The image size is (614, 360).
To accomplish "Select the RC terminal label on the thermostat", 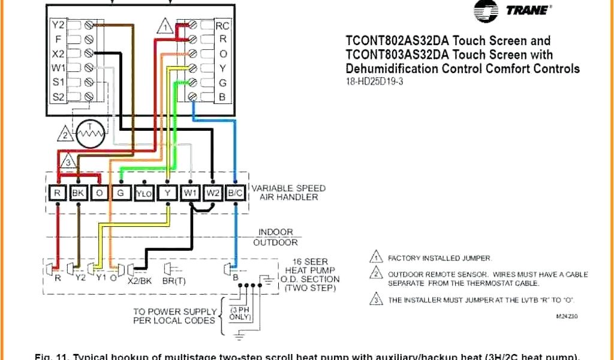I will click(222, 26).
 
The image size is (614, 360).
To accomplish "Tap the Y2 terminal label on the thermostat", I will click(58, 25).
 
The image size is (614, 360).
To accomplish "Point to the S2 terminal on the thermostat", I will click(58, 96).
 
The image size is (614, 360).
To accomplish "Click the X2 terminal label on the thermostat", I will click(58, 53).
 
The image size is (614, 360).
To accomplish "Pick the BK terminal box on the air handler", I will click(79, 193).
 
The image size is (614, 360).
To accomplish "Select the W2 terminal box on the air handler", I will click(213, 193).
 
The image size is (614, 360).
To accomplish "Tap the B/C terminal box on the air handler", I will click(236, 193).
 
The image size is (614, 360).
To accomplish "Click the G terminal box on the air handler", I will click(121, 193).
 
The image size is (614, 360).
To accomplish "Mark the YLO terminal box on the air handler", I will click(144, 193).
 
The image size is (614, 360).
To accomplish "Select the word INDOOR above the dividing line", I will click(276, 232).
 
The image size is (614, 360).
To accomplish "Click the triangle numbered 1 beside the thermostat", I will click(165, 27).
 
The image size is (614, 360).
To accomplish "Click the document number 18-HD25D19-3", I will click(374, 82).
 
